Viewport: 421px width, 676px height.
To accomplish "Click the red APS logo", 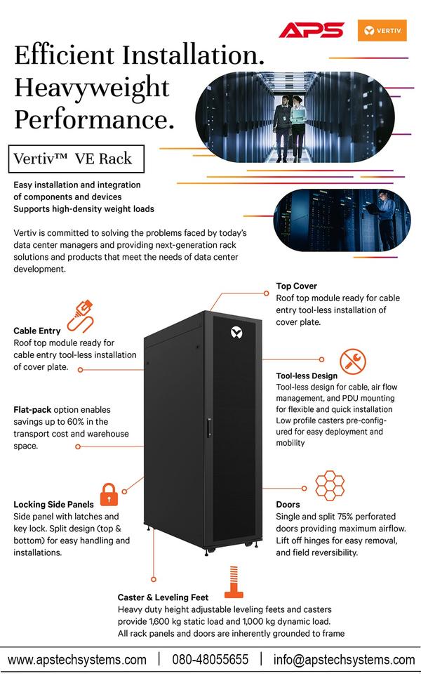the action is click(311, 30).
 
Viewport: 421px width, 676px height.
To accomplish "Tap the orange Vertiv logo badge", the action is click(382, 30).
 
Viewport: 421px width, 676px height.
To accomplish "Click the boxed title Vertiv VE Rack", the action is click(76, 159).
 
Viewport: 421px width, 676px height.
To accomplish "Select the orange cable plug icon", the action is click(81, 316).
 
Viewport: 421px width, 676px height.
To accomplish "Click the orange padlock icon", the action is click(109, 494).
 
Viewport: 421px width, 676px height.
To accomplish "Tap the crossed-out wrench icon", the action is click(352, 362).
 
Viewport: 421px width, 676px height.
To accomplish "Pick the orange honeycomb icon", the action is click(330, 486).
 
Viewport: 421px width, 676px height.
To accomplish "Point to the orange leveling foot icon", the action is click(234, 582).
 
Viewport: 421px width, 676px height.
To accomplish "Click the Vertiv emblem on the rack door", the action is click(236, 333).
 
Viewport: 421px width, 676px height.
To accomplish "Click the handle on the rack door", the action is click(208, 428).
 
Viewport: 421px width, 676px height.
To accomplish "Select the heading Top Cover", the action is click(297, 286).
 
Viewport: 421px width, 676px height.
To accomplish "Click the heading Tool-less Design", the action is click(307, 376).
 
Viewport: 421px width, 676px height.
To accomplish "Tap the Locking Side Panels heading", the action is click(53, 504).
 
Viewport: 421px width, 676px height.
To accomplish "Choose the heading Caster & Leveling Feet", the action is click(163, 597).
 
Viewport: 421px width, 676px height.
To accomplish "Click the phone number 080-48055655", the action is click(210, 660).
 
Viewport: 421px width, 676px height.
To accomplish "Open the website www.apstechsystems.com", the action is click(77, 660).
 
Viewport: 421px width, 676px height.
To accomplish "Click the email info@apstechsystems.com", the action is click(344, 660).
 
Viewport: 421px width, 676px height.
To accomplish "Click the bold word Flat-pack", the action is click(32, 409).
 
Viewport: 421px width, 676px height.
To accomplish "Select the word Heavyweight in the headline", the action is click(92, 88).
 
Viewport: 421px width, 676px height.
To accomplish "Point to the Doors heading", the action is click(288, 505).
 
